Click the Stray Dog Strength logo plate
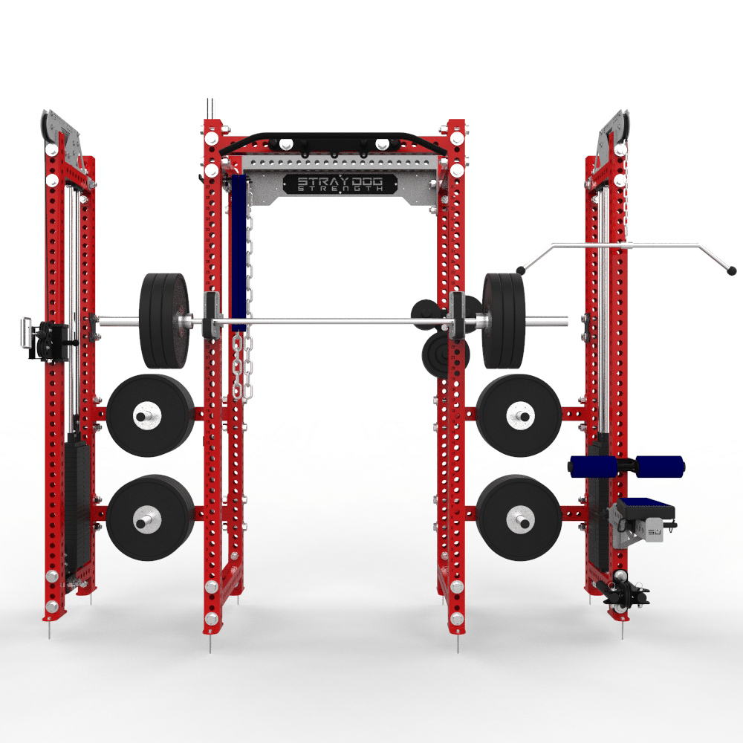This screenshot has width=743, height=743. pyautogui.click(x=340, y=184)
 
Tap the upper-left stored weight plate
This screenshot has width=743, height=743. pyautogui.click(x=150, y=415)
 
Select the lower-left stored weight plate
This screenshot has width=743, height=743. pyautogui.click(x=150, y=517)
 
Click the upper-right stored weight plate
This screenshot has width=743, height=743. pyautogui.click(x=519, y=415)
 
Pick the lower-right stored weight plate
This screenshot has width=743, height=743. pyautogui.click(x=519, y=517)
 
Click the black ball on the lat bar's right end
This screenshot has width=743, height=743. pyautogui.click(x=731, y=270)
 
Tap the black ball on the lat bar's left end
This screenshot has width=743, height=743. pyautogui.click(x=521, y=270)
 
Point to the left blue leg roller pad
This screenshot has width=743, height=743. pyautogui.click(x=592, y=467)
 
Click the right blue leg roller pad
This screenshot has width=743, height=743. pyautogui.click(x=660, y=467)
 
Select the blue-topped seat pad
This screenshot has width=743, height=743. pyautogui.click(x=646, y=507)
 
